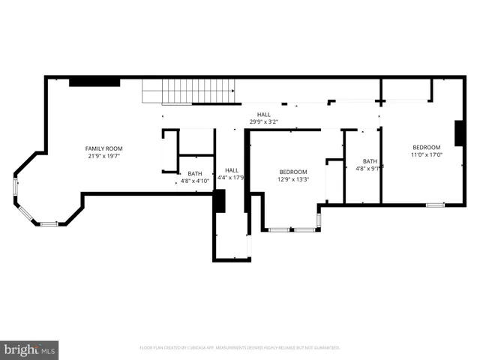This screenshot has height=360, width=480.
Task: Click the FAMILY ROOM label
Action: (x=103, y=148)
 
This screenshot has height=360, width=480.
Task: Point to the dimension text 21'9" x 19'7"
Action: (x=103, y=156)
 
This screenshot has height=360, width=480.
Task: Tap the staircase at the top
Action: (x=190, y=91)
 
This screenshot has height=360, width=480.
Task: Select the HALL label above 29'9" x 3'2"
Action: (x=264, y=115)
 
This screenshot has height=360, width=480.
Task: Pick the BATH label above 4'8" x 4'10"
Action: (x=195, y=173)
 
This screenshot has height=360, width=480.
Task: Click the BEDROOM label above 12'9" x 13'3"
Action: (x=293, y=172)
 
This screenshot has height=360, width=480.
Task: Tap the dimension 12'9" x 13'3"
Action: (x=293, y=179)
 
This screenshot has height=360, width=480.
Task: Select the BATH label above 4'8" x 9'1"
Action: (x=370, y=161)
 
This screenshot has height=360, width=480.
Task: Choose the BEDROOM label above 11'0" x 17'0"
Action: (x=426, y=147)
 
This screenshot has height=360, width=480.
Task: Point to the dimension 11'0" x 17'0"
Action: (x=426, y=155)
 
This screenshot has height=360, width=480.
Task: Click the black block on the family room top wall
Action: (x=94, y=82)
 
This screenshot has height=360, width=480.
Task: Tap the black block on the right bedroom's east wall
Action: (x=459, y=132)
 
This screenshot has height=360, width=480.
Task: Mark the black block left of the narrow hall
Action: (x=219, y=202)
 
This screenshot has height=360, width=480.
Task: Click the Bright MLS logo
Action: (x=30, y=349)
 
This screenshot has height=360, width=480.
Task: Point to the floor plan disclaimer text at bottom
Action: (x=240, y=348)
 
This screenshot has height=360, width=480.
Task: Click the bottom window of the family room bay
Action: (x=49, y=223)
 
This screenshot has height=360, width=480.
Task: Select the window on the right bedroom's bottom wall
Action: (x=435, y=205)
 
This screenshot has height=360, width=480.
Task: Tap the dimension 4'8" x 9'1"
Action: (x=370, y=169)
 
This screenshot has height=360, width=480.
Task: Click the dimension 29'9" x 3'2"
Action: (x=264, y=122)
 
